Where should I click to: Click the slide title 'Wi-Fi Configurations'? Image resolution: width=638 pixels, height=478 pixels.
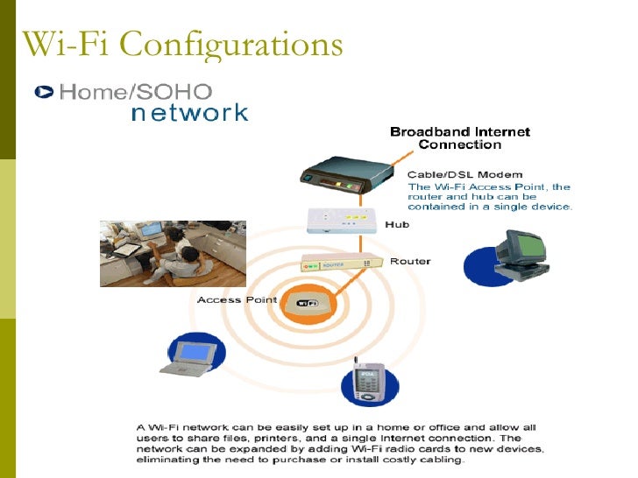click(x=181, y=43)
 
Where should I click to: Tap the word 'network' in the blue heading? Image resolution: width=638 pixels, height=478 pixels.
click(x=189, y=113)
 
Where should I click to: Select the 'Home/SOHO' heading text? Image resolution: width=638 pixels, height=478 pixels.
click(x=135, y=91)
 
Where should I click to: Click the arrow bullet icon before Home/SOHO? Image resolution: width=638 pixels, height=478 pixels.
click(x=43, y=91)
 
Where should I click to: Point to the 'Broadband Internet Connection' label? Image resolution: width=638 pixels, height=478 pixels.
click(x=459, y=137)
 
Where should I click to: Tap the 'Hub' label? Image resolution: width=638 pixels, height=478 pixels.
click(x=397, y=225)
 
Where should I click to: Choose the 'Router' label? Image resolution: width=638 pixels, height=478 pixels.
click(x=409, y=261)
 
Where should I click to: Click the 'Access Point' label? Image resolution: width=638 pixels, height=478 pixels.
click(x=237, y=300)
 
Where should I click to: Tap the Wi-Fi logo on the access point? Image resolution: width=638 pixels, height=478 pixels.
click(x=307, y=303)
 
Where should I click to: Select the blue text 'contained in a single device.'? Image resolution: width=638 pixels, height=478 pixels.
click(x=490, y=207)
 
